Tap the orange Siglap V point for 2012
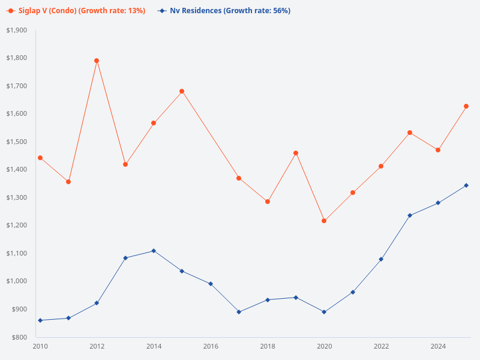[97, 61]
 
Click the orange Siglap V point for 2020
[324, 221]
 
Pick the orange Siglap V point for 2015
[182, 91]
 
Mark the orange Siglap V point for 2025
[466, 106]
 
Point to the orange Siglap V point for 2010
[40, 158]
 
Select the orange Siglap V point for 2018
[268, 202]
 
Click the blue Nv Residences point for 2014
[154, 251]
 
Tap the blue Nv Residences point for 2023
[410, 215]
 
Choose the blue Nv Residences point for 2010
[40, 320]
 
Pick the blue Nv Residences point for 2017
[239, 312]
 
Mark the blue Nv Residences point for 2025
[466, 185]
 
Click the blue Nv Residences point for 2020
[324, 312]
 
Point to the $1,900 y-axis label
[17, 30]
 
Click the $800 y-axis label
[19, 337]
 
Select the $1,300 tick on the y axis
[17, 197]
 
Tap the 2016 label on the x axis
[211, 346]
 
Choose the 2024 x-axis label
[438, 346]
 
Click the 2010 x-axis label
[40, 346]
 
